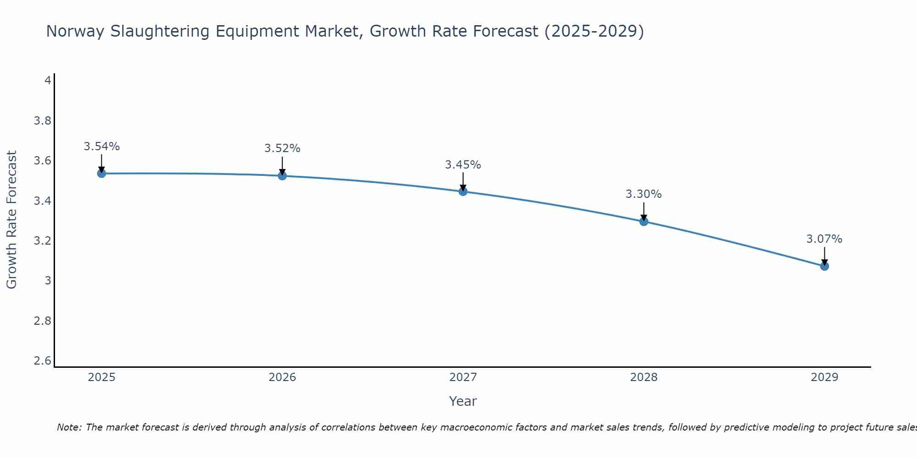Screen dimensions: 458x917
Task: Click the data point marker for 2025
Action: coord(102,173)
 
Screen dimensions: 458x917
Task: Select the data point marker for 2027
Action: coord(463,191)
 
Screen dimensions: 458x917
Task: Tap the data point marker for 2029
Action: coord(824,266)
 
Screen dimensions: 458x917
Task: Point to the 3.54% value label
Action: coord(102,147)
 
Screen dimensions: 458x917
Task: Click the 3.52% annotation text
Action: coord(282,148)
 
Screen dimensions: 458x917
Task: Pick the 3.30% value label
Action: coord(644,194)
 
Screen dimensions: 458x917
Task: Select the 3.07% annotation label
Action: coord(824,239)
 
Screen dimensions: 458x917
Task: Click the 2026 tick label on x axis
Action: coord(282,377)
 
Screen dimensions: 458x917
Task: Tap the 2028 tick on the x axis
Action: coord(644,377)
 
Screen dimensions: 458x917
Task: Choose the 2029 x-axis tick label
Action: coord(824,377)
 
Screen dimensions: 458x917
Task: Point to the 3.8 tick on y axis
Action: coord(43,121)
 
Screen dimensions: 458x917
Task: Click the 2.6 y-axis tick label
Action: coord(43,361)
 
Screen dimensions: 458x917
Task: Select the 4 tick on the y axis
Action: coord(48,81)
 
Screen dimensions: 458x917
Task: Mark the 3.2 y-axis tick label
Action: coord(43,241)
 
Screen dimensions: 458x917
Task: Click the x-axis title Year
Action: coord(463,401)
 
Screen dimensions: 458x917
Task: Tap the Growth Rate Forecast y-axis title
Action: coord(11,220)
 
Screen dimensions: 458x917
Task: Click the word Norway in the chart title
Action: coord(76,32)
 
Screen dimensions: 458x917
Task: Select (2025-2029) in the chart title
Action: coord(594,32)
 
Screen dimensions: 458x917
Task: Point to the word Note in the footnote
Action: coord(69,427)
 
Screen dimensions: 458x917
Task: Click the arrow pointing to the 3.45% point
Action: coord(463,182)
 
